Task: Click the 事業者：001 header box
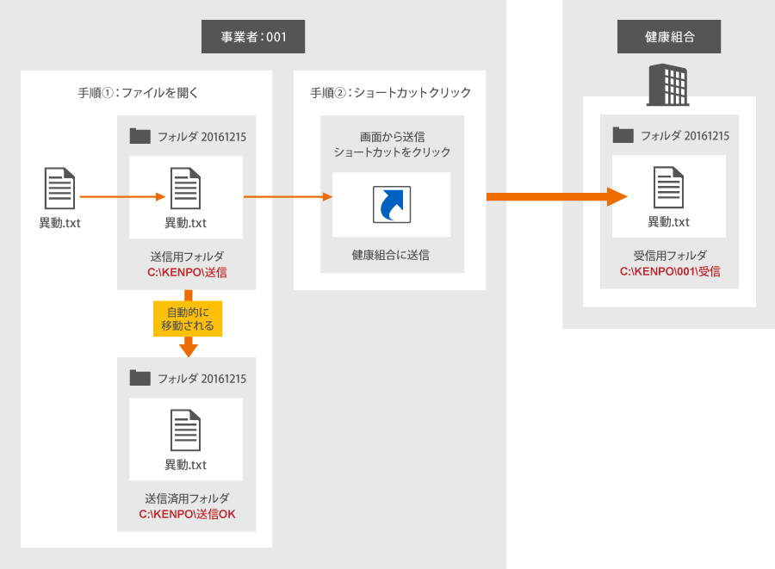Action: click(253, 37)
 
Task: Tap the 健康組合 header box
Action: click(669, 37)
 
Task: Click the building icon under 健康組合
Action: click(669, 85)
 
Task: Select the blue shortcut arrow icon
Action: click(392, 204)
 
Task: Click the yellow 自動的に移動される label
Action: click(188, 318)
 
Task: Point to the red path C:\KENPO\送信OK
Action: click(187, 515)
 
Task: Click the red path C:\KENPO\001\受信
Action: click(670, 271)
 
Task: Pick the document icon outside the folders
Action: click(59, 189)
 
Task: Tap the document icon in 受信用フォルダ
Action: click(669, 188)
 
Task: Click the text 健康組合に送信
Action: click(392, 255)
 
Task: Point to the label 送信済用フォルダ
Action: click(187, 498)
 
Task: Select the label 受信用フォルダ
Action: click(670, 256)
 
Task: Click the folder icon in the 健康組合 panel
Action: click(623, 135)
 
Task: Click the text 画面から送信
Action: click(392, 137)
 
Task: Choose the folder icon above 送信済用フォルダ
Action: click(139, 378)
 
